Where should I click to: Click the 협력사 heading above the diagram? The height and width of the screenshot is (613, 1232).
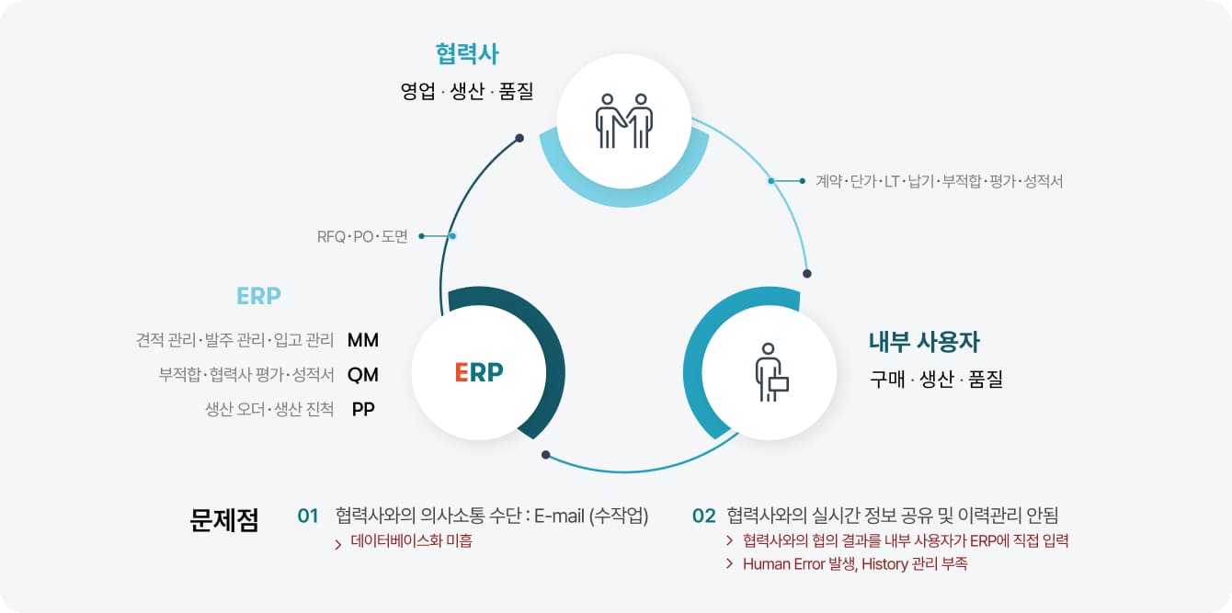[x=467, y=54]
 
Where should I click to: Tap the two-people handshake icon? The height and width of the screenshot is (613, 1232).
[x=623, y=121]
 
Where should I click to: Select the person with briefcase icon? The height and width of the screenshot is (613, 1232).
[x=771, y=372]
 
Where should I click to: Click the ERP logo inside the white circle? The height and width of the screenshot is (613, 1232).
[x=479, y=372]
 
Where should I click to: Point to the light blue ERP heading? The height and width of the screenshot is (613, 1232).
[x=258, y=296]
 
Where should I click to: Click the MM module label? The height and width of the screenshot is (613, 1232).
[x=363, y=340]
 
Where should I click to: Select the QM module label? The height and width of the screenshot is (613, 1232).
[x=363, y=375]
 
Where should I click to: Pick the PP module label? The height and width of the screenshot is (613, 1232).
[x=363, y=409]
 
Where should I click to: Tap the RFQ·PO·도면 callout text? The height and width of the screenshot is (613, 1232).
[x=362, y=236]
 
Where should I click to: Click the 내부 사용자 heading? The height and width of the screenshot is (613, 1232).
[x=925, y=341]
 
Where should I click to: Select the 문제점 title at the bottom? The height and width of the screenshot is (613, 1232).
[x=223, y=519]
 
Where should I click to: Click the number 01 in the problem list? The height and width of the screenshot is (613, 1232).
[x=308, y=517]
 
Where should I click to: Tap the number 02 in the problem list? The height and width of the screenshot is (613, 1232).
[x=704, y=517]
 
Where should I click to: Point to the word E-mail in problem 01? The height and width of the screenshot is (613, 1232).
[x=559, y=517]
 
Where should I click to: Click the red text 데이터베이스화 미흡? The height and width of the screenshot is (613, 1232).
[x=411, y=541]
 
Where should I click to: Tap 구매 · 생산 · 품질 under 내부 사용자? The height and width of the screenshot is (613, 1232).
[x=936, y=379]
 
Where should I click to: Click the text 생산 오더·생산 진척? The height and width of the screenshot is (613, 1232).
[x=269, y=409]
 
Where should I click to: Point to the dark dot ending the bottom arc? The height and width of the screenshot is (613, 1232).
[x=545, y=455]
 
